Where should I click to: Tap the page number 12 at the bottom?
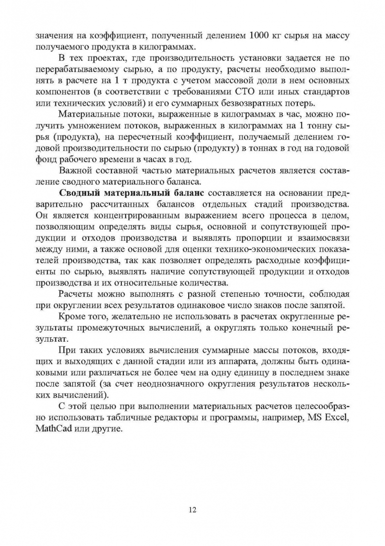(192, 510)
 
